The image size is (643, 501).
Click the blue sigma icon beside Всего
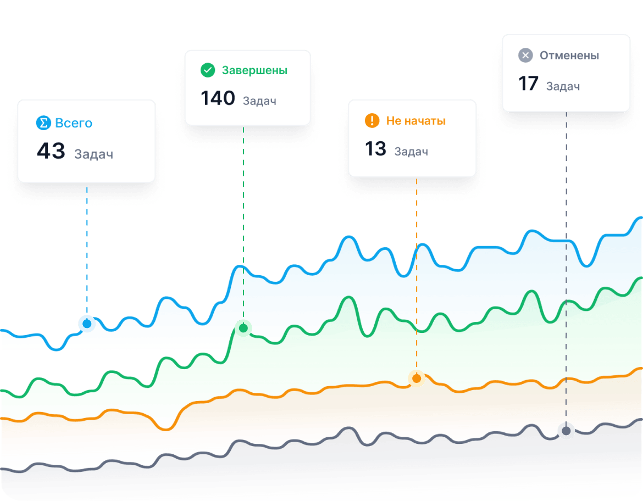coord(43,123)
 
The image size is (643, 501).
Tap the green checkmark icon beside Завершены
coord(208,70)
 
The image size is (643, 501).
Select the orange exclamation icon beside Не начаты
coord(372,121)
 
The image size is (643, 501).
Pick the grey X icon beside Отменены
coord(526,55)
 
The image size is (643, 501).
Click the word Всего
coord(74,123)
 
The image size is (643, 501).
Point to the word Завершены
coord(254,70)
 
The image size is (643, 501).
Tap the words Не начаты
coord(415,121)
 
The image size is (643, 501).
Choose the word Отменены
coord(569,55)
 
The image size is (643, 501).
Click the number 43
coord(51,152)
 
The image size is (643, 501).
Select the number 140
coord(218,99)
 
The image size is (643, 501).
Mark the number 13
coord(376,149)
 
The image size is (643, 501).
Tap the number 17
coord(529,84)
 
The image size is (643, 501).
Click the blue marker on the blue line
coord(87,324)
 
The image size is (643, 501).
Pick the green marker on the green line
coord(243,328)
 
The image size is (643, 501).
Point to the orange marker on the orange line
coord(416,378)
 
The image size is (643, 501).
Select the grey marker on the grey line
coord(566,431)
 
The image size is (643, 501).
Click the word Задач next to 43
coord(93,154)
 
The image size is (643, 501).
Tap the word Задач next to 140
coord(259,101)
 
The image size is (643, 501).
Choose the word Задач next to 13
coord(411,152)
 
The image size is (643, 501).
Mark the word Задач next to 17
coord(563,86)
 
